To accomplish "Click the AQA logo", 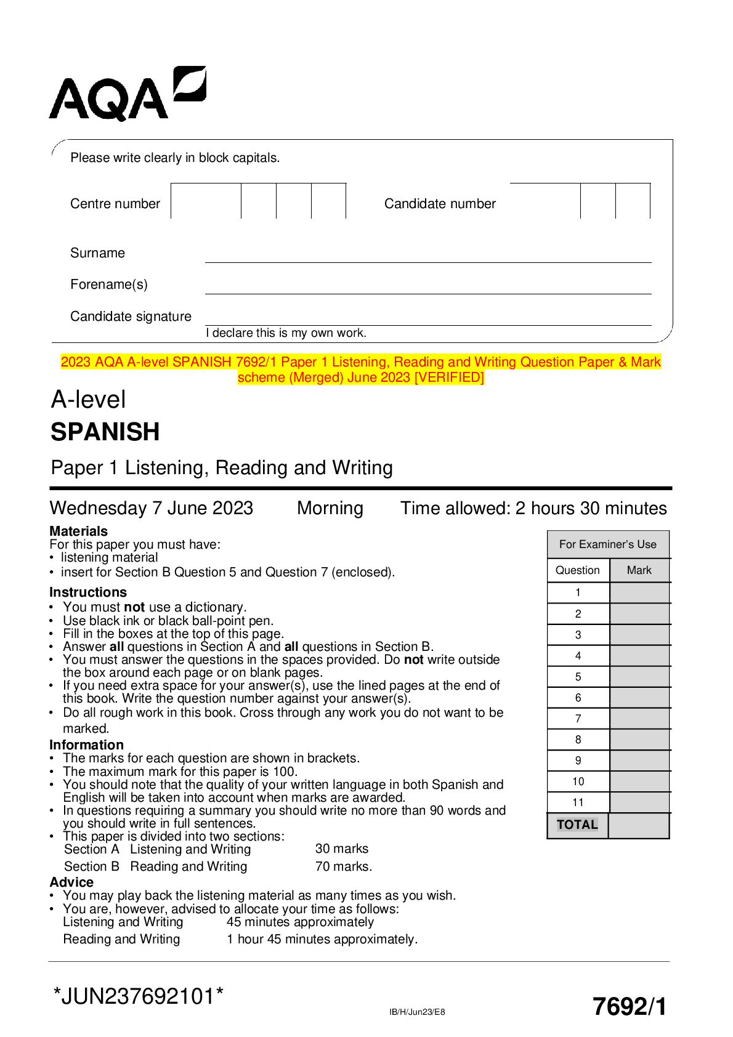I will [x=128, y=94].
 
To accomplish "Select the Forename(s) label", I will [x=109, y=284].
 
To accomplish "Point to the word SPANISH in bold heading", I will [x=105, y=432].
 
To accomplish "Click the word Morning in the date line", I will [x=330, y=508].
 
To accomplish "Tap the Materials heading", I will [x=78, y=531].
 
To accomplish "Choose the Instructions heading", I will [x=88, y=592].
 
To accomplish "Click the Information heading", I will [x=86, y=745].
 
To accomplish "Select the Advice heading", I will [x=71, y=882].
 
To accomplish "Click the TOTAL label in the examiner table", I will [x=577, y=825].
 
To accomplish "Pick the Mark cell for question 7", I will [x=639, y=719].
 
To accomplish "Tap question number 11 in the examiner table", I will [x=578, y=802].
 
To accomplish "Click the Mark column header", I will [x=639, y=570].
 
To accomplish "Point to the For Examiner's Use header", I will [x=608, y=544].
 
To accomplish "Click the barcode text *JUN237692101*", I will [x=139, y=996].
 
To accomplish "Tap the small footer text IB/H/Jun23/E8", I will [x=417, y=1012].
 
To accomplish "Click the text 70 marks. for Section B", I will [x=344, y=866].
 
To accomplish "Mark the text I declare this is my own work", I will [x=286, y=333].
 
